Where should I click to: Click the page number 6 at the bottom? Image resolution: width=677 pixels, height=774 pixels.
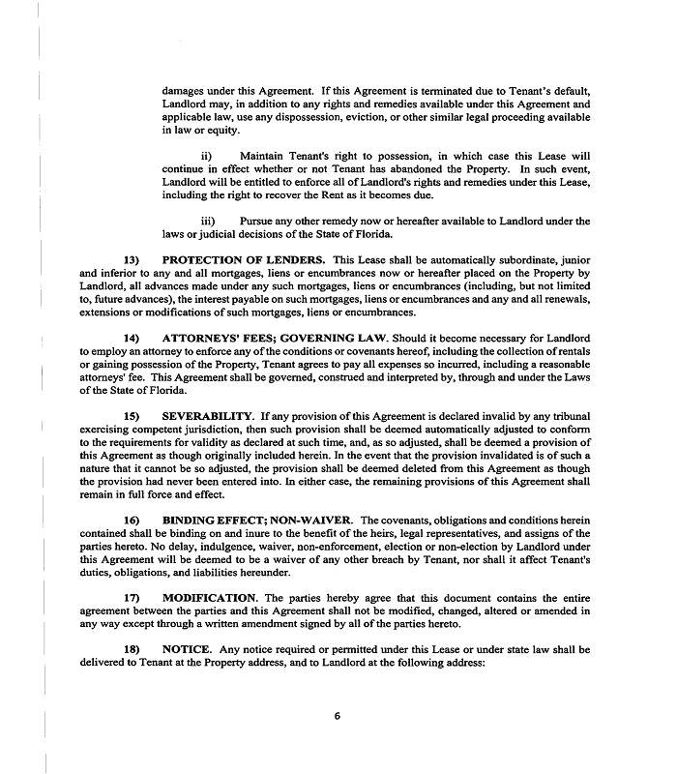(338, 717)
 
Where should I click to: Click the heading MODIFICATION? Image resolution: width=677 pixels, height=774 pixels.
(211, 597)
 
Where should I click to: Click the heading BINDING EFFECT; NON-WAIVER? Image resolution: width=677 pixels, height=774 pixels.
(255, 520)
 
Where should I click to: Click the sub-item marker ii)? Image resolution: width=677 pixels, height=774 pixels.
(205, 155)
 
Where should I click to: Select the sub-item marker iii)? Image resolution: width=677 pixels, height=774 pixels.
(207, 221)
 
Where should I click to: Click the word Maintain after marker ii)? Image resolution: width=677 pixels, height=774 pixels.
(267, 155)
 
